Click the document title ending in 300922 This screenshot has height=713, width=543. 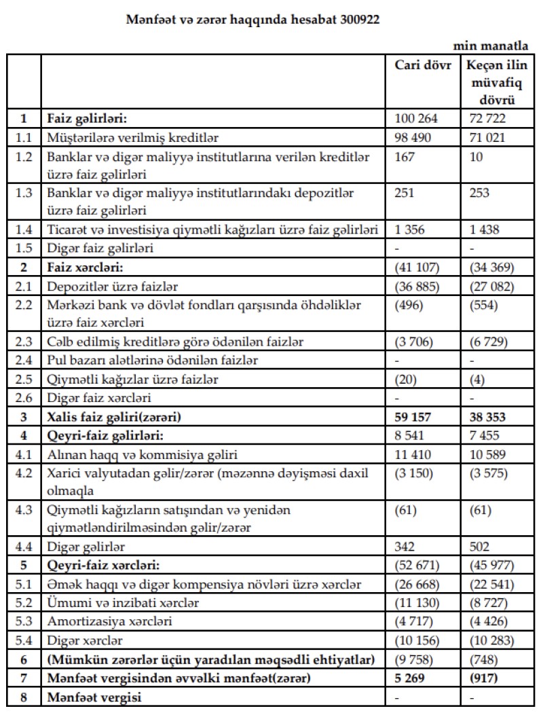tap(252, 20)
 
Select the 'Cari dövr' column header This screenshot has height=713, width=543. tap(423, 66)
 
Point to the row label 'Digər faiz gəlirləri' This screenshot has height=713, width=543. tap(100, 248)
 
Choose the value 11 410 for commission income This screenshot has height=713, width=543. tap(414, 452)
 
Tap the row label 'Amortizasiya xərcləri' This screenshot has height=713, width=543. tap(109, 621)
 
